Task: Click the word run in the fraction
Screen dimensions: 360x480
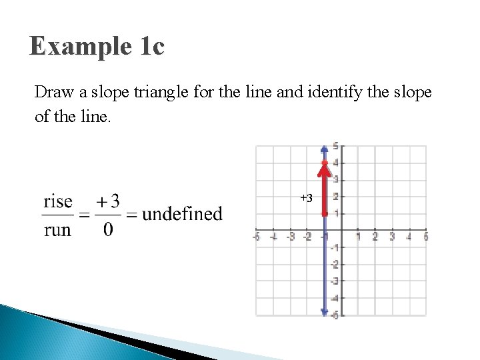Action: (x=57, y=230)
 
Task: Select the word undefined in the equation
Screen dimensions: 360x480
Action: (x=182, y=214)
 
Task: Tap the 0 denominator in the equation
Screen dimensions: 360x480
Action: (x=108, y=230)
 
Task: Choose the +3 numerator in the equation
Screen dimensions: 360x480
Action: (x=108, y=200)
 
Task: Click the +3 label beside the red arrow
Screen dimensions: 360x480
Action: (x=306, y=198)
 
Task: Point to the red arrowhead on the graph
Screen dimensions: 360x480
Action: (x=325, y=167)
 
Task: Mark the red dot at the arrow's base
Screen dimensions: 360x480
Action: (x=325, y=213)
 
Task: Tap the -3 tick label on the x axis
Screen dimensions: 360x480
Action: (x=291, y=237)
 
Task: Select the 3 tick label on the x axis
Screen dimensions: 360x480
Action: (x=392, y=237)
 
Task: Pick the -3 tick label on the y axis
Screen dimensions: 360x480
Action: (x=335, y=281)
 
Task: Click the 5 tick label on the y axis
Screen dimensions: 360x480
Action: (x=335, y=145)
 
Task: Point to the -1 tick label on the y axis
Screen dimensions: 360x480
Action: (x=335, y=247)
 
